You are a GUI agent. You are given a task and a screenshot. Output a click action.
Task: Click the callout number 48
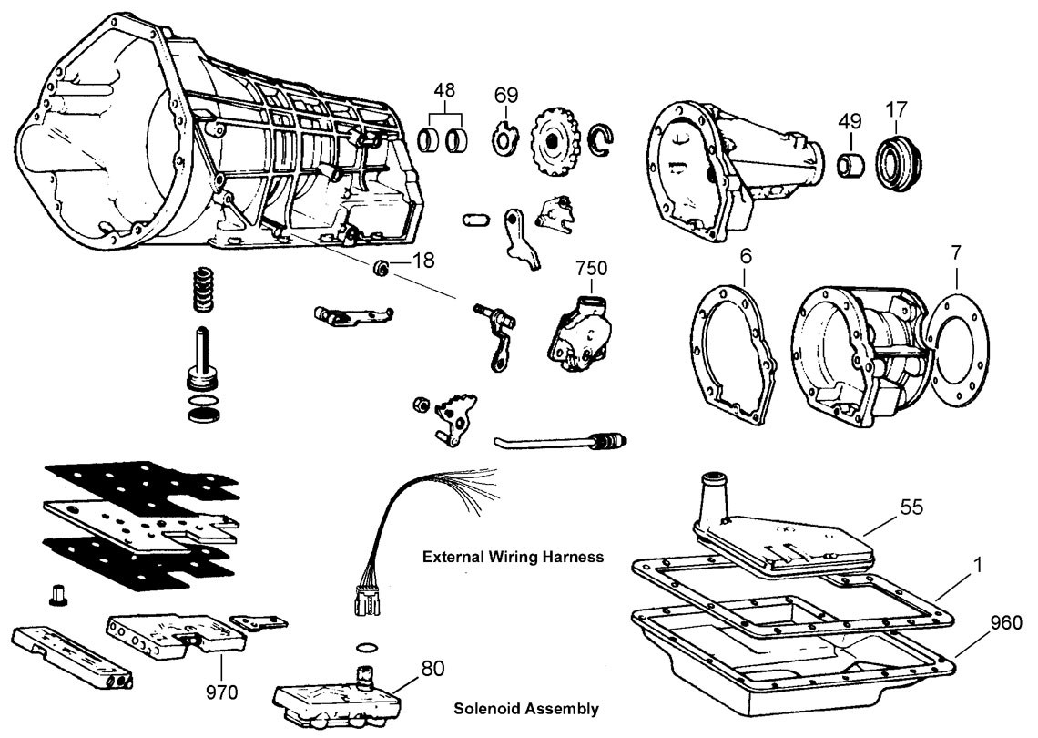(x=445, y=91)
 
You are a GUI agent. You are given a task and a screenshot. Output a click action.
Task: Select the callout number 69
(x=506, y=95)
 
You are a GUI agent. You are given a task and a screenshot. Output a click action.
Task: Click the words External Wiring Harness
(x=513, y=557)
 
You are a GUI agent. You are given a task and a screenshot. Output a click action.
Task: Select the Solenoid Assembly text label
(x=525, y=708)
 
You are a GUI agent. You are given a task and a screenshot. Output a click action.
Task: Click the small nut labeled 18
(x=383, y=267)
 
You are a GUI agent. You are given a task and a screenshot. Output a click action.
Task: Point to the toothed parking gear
(x=553, y=136)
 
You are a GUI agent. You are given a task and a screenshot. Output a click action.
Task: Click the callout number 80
(x=433, y=668)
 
